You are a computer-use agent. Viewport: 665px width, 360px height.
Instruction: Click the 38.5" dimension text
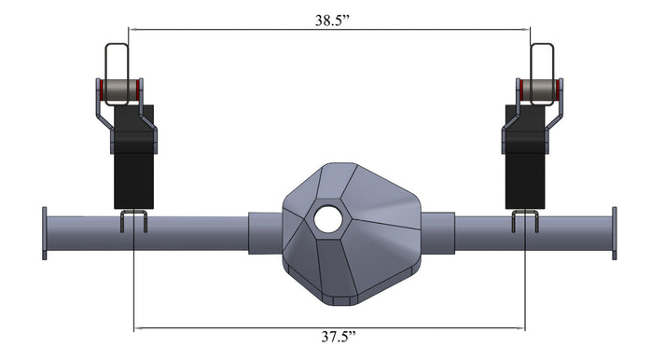pyautogui.click(x=331, y=18)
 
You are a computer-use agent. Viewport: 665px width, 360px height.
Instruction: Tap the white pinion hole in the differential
pyautogui.click(x=327, y=219)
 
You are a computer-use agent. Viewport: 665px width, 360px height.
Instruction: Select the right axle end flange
pyautogui.click(x=613, y=233)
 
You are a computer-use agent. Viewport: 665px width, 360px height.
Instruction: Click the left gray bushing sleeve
pyautogui.click(x=118, y=90)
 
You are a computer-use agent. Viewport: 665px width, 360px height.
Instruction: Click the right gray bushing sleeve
pyautogui.click(x=538, y=90)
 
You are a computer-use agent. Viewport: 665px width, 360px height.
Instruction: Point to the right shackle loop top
pyautogui.click(x=541, y=46)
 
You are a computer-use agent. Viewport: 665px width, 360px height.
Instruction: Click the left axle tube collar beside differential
pyautogui.click(x=266, y=233)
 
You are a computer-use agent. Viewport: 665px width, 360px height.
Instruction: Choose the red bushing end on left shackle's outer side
pyautogui.click(x=99, y=90)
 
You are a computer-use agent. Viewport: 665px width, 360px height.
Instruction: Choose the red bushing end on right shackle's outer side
pyautogui.click(x=558, y=90)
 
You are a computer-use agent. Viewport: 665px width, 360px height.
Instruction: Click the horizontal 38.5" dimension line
pyautogui.click(x=233, y=30)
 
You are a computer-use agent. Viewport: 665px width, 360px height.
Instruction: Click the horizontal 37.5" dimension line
pyautogui.click(x=233, y=328)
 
